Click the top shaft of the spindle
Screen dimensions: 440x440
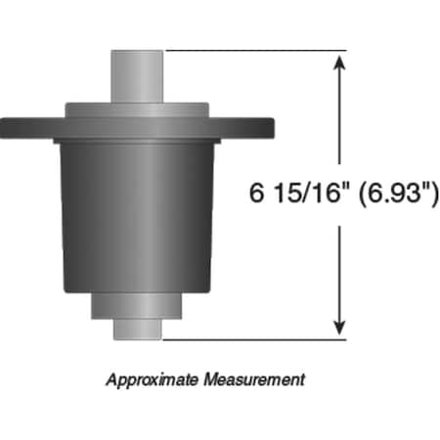click(136, 74)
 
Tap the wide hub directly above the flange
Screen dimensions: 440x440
click(136, 109)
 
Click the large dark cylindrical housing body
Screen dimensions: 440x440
click(136, 215)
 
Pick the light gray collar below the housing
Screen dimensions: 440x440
click(136, 307)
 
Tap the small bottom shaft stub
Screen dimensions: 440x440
click(136, 330)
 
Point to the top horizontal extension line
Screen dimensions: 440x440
click(254, 51)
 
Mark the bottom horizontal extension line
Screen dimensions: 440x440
click(254, 340)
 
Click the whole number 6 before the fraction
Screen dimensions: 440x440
click(257, 193)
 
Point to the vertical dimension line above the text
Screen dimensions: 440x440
click(339, 117)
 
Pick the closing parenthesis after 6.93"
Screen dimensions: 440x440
click(431, 193)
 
